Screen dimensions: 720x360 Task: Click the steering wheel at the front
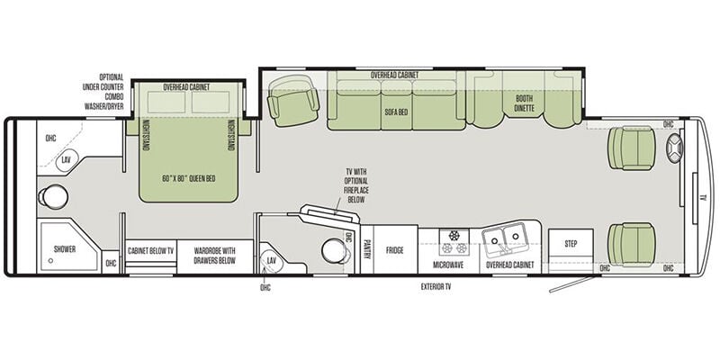pyautogui.click(x=674, y=148)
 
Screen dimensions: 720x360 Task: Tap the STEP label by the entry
pyautogui.click(x=571, y=244)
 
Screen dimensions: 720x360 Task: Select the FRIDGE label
pyautogui.click(x=394, y=250)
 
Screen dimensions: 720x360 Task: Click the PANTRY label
pyautogui.click(x=367, y=249)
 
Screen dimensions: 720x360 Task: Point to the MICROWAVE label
pyautogui.click(x=448, y=265)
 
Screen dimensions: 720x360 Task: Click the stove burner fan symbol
pyautogui.click(x=454, y=236)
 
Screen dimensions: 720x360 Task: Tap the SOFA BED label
pyautogui.click(x=397, y=112)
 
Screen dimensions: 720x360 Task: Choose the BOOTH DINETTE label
pyautogui.click(x=524, y=103)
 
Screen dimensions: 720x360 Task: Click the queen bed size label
pyautogui.click(x=189, y=178)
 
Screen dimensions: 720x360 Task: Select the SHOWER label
pyautogui.click(x=65, y=249)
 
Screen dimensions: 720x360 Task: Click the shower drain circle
pyautogui.click(x=50, y=260)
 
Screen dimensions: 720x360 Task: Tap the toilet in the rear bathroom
pyautogui.click(x=53, y=196)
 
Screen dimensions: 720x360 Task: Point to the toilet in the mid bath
pyautogui.click(x=336, y=251)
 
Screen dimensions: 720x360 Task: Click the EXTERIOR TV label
pyautogui.click(x=436, y=286)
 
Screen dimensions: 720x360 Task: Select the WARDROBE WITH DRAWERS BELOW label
pyautogui.click(x=214, y=256)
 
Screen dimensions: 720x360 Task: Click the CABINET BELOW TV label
pyautogui.click(x=151, y=251)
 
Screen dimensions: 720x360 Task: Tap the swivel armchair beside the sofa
pyautogui.click(x=293, y=101)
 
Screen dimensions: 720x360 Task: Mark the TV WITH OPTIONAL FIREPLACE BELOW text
pyautogui.click(x=355, y=185)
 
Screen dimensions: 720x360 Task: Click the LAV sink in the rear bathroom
pyautogui.click(x=67, y=161)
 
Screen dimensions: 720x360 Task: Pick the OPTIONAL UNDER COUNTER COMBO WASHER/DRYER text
pyautogui.click(x=103, y=92)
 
